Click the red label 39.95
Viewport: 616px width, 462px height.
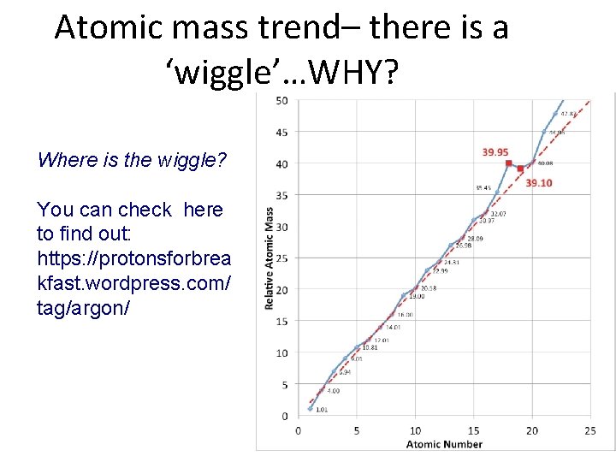coord(495,152)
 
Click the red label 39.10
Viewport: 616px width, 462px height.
coord(538,182)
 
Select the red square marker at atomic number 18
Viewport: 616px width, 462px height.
coord(508,163)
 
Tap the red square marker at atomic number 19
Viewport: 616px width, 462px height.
coord(520,169)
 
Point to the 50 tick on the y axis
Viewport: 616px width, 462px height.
coord(281,101)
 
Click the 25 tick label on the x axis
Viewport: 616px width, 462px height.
coord(589,430)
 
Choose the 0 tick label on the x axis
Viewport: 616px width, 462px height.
coord(297,430)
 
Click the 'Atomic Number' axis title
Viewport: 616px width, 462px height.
coord(444,444)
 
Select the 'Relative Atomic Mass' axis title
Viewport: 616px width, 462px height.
coord(270,258)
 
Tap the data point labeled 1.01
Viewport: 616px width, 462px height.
coord(310,408)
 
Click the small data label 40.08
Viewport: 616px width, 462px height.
coord(544,163)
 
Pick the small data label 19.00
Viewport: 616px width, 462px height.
coord(416,297)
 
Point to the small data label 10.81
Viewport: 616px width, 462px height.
coord(370,347)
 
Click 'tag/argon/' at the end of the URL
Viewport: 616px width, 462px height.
coord(83,307)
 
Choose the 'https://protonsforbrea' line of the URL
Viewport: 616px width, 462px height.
coord(133,258)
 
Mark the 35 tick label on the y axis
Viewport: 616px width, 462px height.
coord(281,195)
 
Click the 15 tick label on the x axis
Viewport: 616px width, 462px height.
coord(473,430)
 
